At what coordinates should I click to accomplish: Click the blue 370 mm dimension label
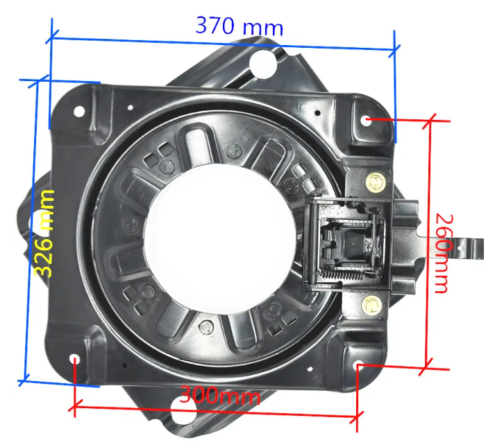coord(240,26)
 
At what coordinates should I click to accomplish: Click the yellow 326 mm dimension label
coord(44,234)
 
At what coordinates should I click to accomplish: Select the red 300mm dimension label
coord(219,395)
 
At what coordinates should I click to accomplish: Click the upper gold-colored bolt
coord(376,182)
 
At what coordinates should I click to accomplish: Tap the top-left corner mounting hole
coord(79,112)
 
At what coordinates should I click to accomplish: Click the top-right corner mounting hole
coord(366,121)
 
